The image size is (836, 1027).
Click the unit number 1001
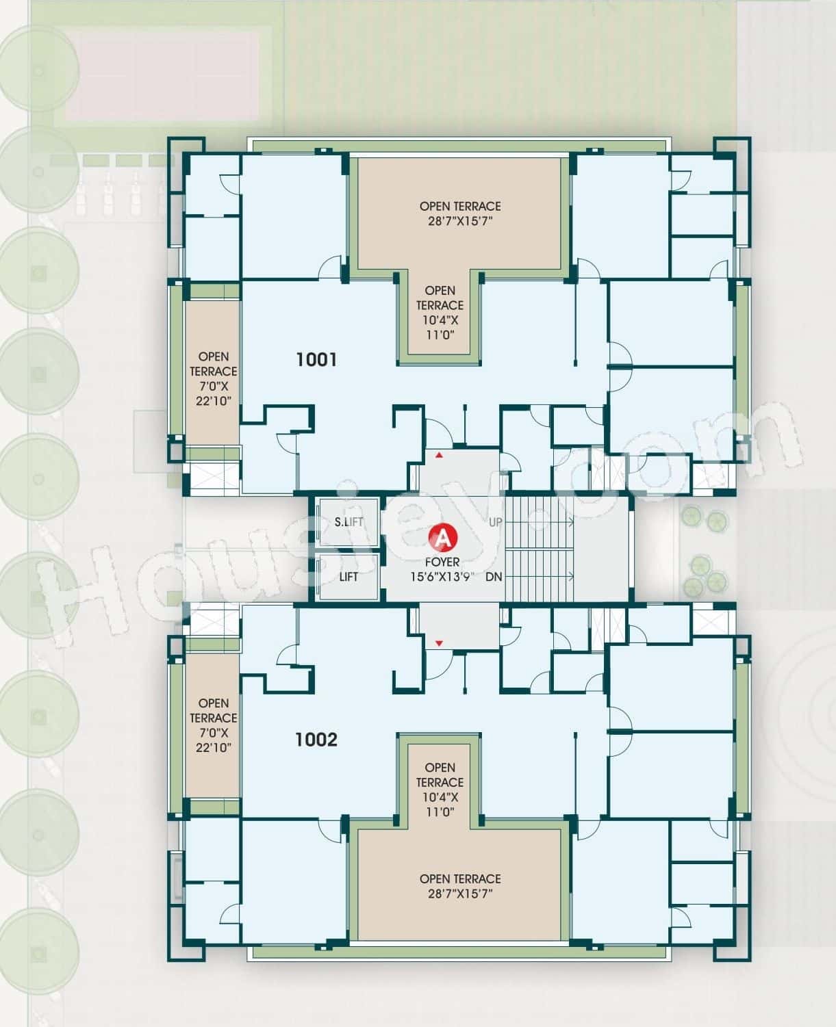pos(316,359)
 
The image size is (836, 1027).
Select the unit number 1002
pos(316,740)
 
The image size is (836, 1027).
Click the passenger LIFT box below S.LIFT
pos(348,577)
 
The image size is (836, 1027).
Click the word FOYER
pos(442,562)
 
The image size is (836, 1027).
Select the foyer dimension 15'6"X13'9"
pos(442,577)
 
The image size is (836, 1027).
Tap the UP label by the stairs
pos(496,522)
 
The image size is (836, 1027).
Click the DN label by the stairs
pos(494,577)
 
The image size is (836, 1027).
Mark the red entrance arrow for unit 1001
pos(439,454)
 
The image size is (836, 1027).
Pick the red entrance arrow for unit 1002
pos(439,643)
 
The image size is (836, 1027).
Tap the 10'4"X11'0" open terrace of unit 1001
pos(440,313)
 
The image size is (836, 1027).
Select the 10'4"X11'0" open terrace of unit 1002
pos(440,790)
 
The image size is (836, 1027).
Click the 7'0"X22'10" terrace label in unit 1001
pos(214,378)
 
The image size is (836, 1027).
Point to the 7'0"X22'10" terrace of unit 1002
pos(214,725)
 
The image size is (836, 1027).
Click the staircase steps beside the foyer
pos(538,549)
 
